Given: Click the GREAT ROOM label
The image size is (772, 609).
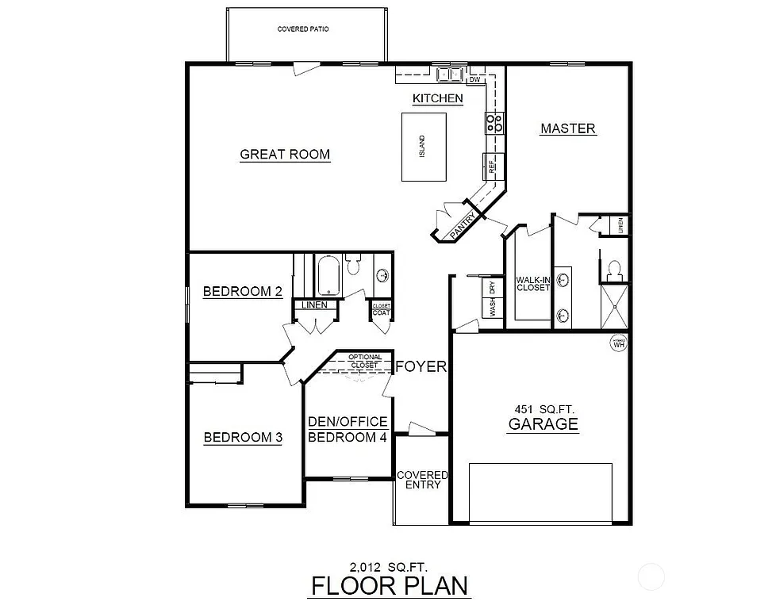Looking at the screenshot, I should tap(285, 154).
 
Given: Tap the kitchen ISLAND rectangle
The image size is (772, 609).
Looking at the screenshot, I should tap(423, 147).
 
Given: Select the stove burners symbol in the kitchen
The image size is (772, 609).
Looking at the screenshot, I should tap(495, 122).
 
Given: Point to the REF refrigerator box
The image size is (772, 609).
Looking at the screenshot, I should tap(491, 166).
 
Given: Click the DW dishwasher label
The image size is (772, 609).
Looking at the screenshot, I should tap(475, 79).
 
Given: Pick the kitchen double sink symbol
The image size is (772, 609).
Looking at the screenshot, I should tap(450, 74).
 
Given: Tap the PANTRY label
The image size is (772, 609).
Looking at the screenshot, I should tap(462, 224).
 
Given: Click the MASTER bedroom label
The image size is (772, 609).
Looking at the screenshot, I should tap(567, 128).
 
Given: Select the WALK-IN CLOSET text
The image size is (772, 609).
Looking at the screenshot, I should tap(533, 284).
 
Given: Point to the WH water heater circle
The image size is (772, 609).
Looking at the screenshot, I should tap(620, 343).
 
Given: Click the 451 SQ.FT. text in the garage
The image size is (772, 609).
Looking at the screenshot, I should tap(543, 408).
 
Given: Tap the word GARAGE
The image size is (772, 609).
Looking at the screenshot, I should tap(543, 424).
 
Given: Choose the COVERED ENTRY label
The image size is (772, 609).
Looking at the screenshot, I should tap(422, 480).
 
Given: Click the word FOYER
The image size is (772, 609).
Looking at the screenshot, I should tap(421, 366).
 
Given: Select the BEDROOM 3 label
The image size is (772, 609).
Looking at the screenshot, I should tap(243, 437).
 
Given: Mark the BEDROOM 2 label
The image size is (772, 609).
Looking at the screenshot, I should tap(243, 291).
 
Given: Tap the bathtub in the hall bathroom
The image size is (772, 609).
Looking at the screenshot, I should tap(328, 274).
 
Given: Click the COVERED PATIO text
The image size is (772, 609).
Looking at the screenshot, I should tap(303, 29).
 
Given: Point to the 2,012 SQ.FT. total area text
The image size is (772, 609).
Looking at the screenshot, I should tap(388, 566).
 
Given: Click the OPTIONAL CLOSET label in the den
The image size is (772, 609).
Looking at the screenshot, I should tap(365, 361).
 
